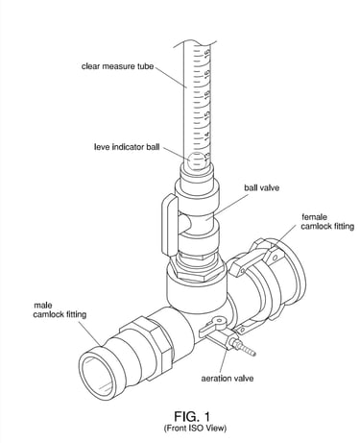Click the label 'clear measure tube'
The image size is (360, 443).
coord(117,66)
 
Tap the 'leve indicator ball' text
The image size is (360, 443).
coord(127,147)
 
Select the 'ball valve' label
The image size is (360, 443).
coord(261,187)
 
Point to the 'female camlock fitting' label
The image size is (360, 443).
coord(327,222)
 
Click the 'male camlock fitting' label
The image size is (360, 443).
coord(60,310)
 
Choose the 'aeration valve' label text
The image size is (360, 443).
coord(228,379)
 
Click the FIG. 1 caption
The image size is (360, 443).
coord(192,416)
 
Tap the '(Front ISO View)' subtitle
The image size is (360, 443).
coord(195,428)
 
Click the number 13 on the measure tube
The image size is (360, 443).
coord(207,157)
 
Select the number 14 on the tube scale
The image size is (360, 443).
coord(207,135)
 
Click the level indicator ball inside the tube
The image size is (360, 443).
coord(196,160)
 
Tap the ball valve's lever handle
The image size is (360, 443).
coord(170,226)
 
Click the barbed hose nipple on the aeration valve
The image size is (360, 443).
coord(245,348)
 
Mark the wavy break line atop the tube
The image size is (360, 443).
coord(195,44)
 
